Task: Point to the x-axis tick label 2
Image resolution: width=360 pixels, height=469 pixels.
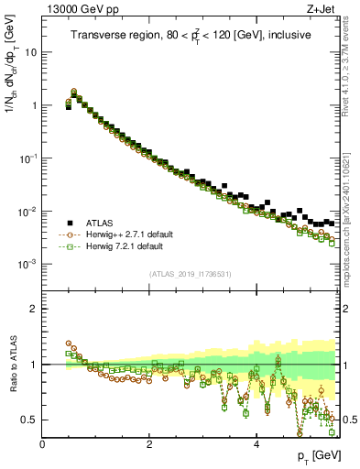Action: [x=149, y=445]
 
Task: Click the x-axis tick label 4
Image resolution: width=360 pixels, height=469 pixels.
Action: [x=256, y=445]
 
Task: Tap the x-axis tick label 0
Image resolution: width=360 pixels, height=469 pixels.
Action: [x=42, y=445]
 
